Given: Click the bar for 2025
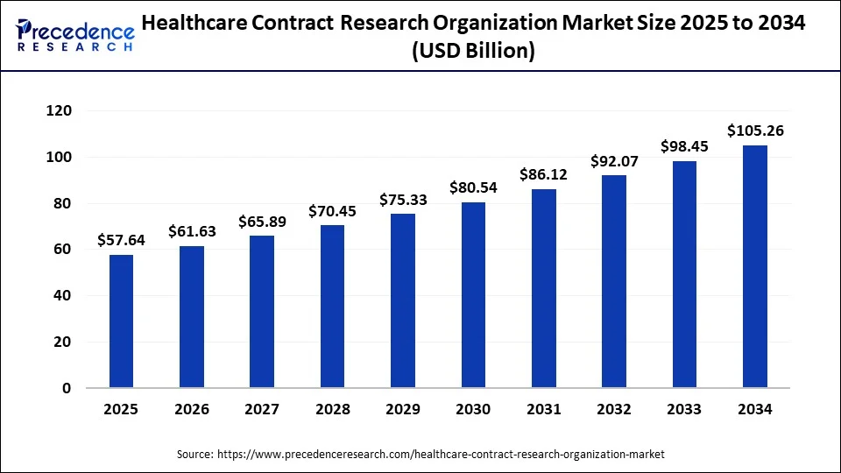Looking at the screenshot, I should pyautogui.click(x=122, y=321).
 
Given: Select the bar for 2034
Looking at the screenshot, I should pyautogui.click(x=755, y=266).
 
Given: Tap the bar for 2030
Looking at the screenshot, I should pyautogui.click(x=473, y=295).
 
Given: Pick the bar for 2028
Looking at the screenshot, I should pyautogui.click(x=333, y=307).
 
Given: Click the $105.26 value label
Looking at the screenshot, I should pyautogui.click(x=755, y=131).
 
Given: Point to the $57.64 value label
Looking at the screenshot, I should pyautogui.click(x=122, y=240).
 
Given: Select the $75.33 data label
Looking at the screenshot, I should pyautogui.click(x=403, y=200).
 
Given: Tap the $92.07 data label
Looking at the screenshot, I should pyautogui.click(x=614, y=161).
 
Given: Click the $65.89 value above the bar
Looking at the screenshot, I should pyautogui.click(x=262, y=222).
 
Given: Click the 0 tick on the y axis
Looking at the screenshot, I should pyautogui.click(x=67, y=388).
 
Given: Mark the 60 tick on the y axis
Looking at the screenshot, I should pyautogui.click(x=62, y=250).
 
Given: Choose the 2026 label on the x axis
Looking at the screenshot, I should pyautogui.click(x=192, y=409).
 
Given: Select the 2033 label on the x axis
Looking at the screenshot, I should pyautogui.click(x=685, y=409).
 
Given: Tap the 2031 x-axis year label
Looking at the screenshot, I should pyautogui.click(x=544, y=409).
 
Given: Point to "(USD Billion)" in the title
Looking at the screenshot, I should pyautogui.click(x=473, y=52).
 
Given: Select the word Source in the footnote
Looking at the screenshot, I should pyautogui.click(x=194, y=455).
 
